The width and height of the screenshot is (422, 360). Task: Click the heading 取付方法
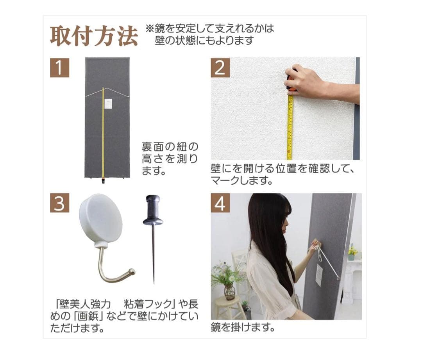(x=94, y=36)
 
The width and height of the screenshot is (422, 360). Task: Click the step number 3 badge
(x=59, y=203)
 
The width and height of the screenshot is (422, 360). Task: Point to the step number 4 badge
(x=220, y=203)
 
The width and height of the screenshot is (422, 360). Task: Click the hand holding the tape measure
(x=309, y=82)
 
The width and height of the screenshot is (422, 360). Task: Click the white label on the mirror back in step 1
(x=109, y=104)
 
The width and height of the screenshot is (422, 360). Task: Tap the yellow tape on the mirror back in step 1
(x=103, y=137)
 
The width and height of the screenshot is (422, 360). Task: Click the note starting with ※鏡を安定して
(x=210, y=34)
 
